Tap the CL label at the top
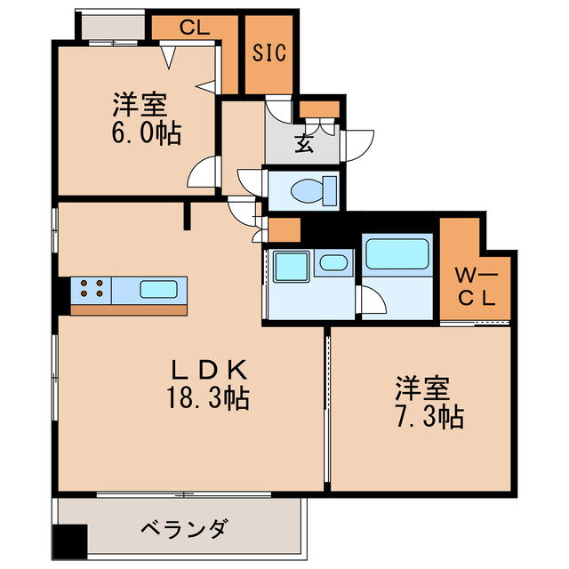(194, 27)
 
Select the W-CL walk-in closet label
(476, 284)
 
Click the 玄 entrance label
(304, 145)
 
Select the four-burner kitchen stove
(91, 288)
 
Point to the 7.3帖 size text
(429, 416)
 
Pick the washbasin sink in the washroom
(333, 262)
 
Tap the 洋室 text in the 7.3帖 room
(423, 389)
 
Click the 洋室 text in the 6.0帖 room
(140, 106)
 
